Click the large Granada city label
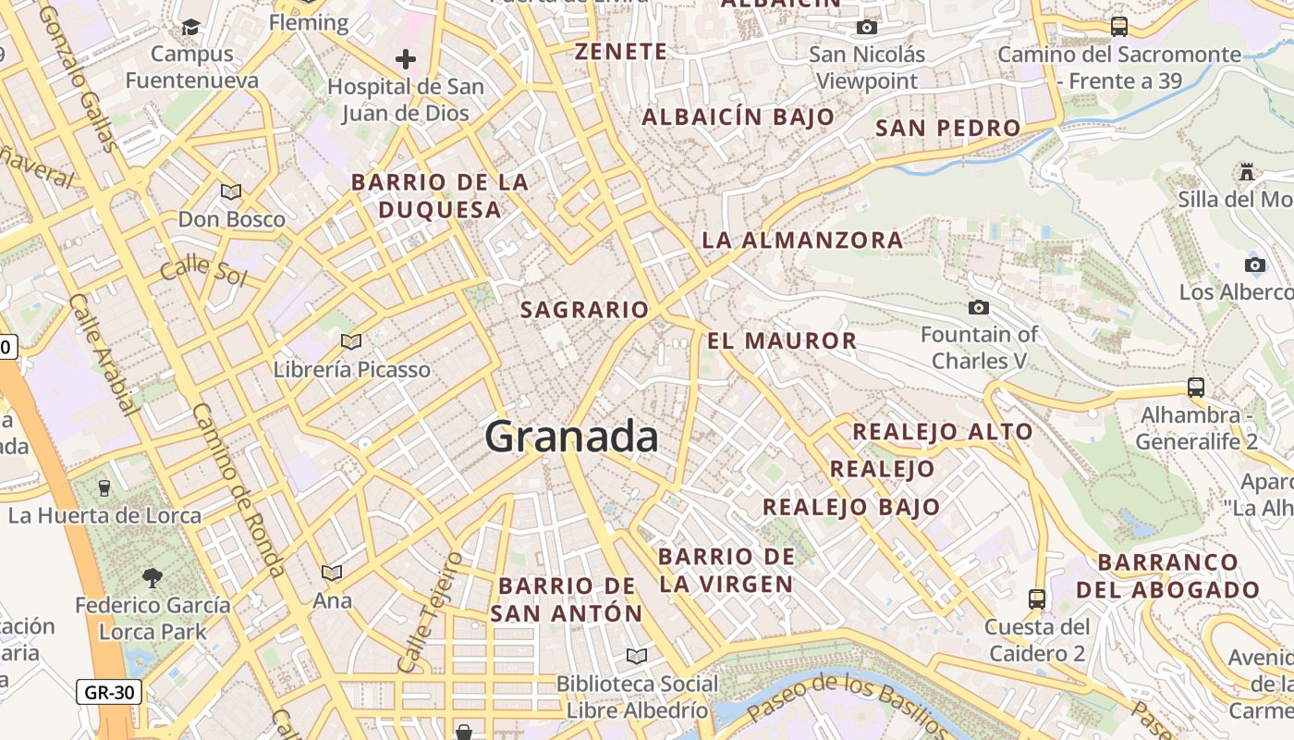click(x=571, y=437)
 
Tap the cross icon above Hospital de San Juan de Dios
click(x=405, y=60)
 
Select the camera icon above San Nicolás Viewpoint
click(x=867, y=27)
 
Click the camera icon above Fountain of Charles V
click(x=979, y=307)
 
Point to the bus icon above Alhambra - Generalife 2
click(x=1196, y=387)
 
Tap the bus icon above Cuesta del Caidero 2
click(x=1037, y=598)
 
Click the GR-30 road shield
click(x=108, y=692)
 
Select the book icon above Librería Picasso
click(x=351, y=342)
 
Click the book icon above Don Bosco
click(x=231, y=191)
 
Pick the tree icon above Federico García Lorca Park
click(x=153, y=578)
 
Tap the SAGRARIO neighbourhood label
click(x=584, y=310)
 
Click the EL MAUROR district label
click(x=782, y=340)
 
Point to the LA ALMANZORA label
click(x=802, y=240)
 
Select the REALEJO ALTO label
click(x=942, y=432)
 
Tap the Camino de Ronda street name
click(x=238, y=490)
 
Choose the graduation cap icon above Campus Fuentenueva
click(x=191, y=27)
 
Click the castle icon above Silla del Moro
click(x=1246, y=171)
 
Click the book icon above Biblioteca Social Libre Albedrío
click(x=636, y=656)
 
